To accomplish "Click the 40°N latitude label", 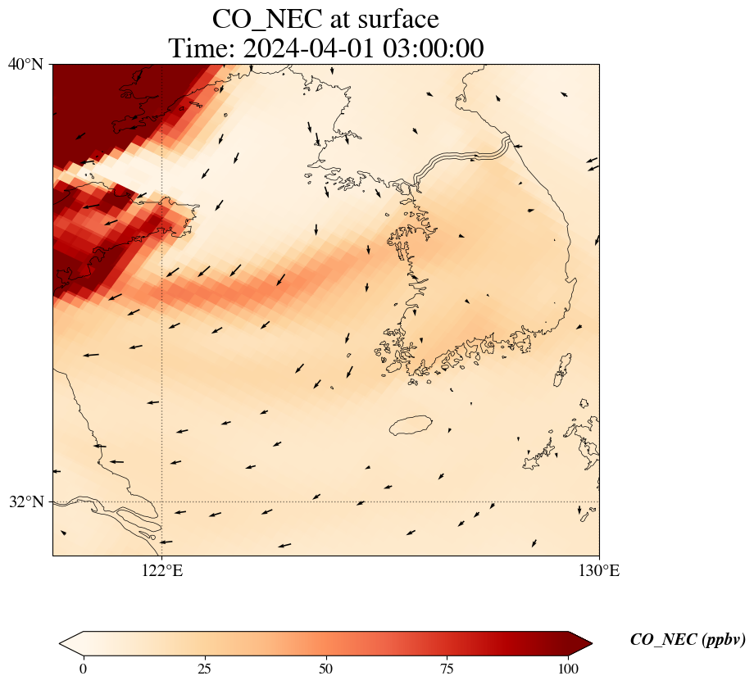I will [x=25, y=64].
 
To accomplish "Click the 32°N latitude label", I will [x=25, y=501].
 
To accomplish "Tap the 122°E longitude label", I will [x=162, y=571].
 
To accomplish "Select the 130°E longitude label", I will [x=599, y=571].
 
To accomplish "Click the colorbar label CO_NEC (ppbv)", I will [x=687, y=640].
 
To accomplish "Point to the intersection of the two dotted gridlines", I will [x=162, y=501].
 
